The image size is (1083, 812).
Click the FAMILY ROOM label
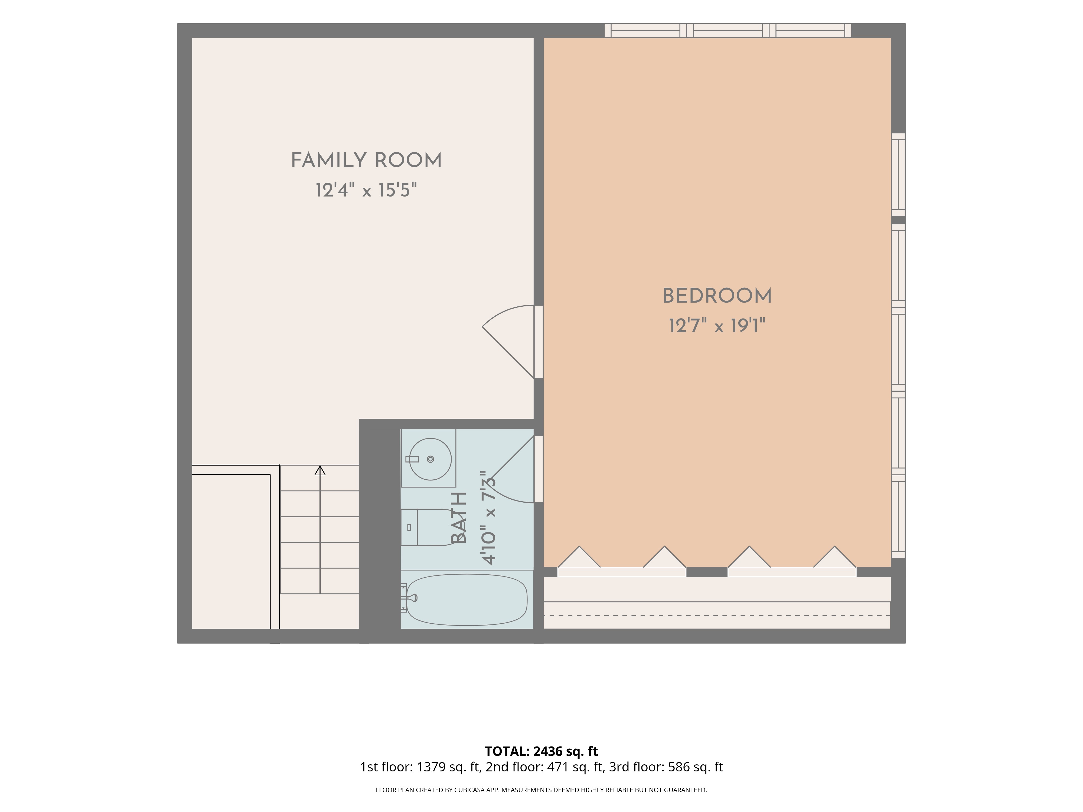(x=366, y=160)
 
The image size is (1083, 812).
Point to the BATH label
(x=458, y=518)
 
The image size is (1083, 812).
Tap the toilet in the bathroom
(x=428, y=527)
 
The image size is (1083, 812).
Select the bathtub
(x=467, y=600)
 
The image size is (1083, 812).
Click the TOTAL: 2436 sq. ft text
(x=541, y=751)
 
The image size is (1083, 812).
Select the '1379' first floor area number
(x=431, y=767)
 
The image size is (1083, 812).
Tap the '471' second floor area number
(x=558, y=767)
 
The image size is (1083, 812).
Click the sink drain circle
(x=430, y=459)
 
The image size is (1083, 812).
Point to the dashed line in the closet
(x=717, y=615)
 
